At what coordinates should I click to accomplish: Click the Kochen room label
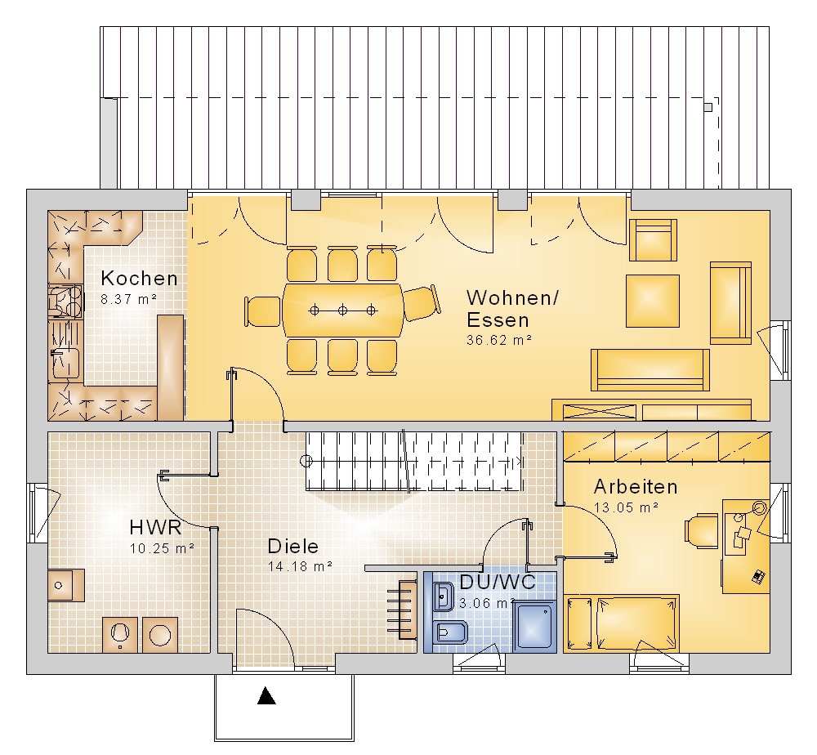pyautogui.click(x=139, y=279)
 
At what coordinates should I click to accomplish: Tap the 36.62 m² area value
pyautogui.click(x=499, y=340)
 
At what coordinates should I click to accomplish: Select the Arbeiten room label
pyautogui.click(x=636, y=487)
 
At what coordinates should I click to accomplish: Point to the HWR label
pyautogui.click(x=155, y=527)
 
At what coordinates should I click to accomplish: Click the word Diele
pyautogui.click(x=292, y=546)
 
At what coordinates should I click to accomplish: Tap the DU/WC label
pyautogui.click(x=497, y=582)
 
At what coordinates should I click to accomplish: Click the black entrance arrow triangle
pyautogui.click(x=266, y=695)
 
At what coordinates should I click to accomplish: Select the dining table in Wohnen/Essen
pyautogui.click(x=343, y=310)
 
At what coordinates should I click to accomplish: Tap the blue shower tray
pyautogui.click(x=534, y=626)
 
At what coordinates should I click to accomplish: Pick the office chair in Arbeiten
pyautogui.click(x=701, y=531)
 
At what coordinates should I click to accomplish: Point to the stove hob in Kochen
pyautogui.click(x=65, y=301)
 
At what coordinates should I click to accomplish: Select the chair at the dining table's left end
pyautogui.click(x=263, y=311)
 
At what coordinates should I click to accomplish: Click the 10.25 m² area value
pyautogui.click(x=162, y=548)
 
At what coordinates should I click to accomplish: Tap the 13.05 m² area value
pyautogui.click(x=627, y=507)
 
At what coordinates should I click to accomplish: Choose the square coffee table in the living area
pyautogui.click(x=652, y=302)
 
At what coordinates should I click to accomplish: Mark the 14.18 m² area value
pyautogui.click(x=300, y=566)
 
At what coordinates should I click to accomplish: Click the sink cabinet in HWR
pyautogui.click(x=66, y=585)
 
